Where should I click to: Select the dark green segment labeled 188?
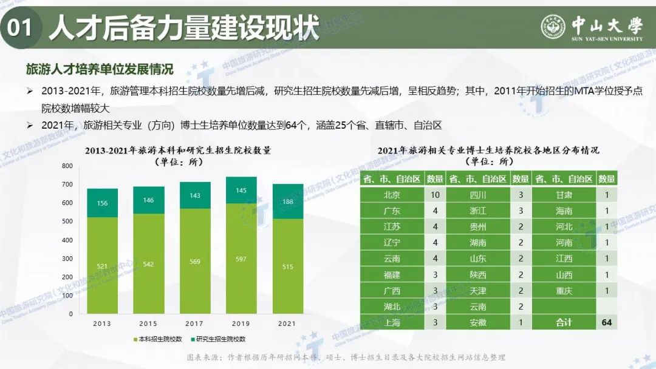[288, 201]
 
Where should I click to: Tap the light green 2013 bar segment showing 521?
[103, 266]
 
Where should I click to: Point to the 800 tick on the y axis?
[67, 166]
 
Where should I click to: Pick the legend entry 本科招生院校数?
[160, 339]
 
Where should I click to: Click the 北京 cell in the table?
[392, 195]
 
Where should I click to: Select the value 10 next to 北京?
[434, 195]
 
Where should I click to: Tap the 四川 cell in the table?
[478, 195]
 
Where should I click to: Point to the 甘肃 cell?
[564, 195]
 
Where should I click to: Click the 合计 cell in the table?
[564, 322]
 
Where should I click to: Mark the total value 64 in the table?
[606, 322]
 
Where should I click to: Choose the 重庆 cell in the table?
[564, 291]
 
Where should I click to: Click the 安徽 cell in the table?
[478, 322]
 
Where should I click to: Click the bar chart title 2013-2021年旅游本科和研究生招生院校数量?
[178, 150]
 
